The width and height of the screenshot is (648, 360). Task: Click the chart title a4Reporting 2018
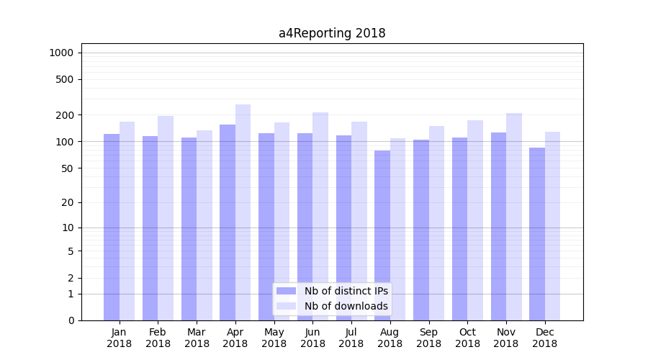coord(332,33)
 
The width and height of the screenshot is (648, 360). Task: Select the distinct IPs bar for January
coord(112,227)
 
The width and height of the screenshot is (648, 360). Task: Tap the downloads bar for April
coord(243,212)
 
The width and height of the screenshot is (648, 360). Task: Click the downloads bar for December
coord(552,226)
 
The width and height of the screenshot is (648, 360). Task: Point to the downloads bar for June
coord(320,216)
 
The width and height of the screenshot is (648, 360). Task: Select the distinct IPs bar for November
coord(498,226)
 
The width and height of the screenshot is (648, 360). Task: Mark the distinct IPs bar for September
coord(421,230)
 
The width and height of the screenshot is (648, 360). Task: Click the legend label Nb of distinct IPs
coord(346,291)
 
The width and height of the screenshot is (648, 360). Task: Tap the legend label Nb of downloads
coord(346,306)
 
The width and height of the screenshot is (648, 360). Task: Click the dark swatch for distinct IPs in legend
coord(287,291)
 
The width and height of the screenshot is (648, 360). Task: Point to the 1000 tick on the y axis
coord(61,53)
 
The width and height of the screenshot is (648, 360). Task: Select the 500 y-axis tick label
coord(65,79)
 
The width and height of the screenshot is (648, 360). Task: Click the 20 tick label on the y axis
coord(68,202)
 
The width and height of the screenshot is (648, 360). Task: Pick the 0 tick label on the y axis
coord(71,320)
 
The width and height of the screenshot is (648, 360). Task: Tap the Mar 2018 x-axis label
coord(197,338)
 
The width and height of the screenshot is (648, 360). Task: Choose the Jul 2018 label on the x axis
coord(351,338)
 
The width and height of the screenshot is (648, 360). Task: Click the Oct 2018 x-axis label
coord(467,338)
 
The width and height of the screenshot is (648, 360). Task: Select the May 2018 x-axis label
coord(274,338)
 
